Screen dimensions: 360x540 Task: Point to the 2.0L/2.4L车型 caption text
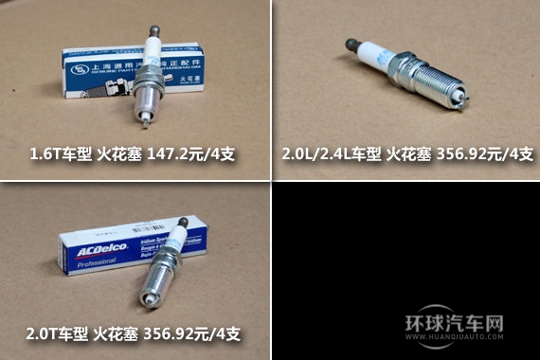(x=332, y=153)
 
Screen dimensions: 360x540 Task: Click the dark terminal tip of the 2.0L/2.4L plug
(x=351, y=44)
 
